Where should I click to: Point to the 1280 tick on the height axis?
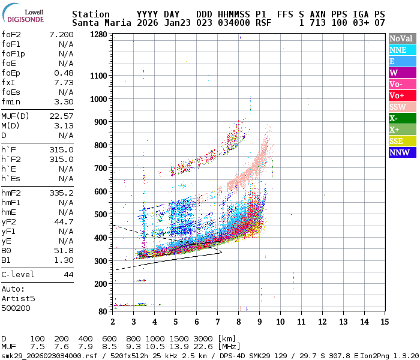pos(98,34)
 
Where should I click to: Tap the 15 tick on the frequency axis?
pos(383,322)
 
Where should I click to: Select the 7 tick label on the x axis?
pos(217,322)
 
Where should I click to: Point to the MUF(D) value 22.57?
pos(62,116)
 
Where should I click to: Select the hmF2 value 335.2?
pos(62,193)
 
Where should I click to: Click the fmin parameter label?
pos(12,101)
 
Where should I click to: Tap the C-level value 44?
pos(68,274)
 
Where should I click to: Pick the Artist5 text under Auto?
pos(18,298)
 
